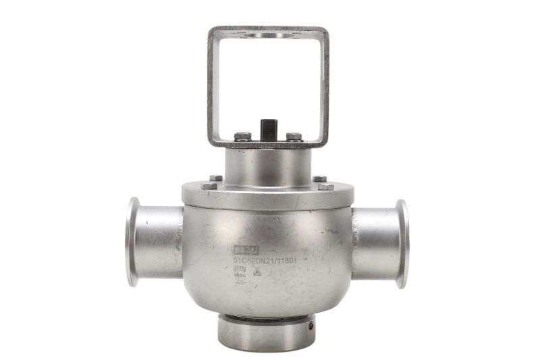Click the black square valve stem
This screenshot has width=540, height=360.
pos(267,128)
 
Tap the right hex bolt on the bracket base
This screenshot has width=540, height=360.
pos(294,136)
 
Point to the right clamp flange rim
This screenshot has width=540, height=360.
pos(403,243)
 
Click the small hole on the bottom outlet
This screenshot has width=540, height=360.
pos(310,326)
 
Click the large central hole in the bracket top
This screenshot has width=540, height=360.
pos(268,34)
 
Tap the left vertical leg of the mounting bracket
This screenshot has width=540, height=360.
pos(212,88)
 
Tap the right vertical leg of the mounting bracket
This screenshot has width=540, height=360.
pos(324,88)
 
